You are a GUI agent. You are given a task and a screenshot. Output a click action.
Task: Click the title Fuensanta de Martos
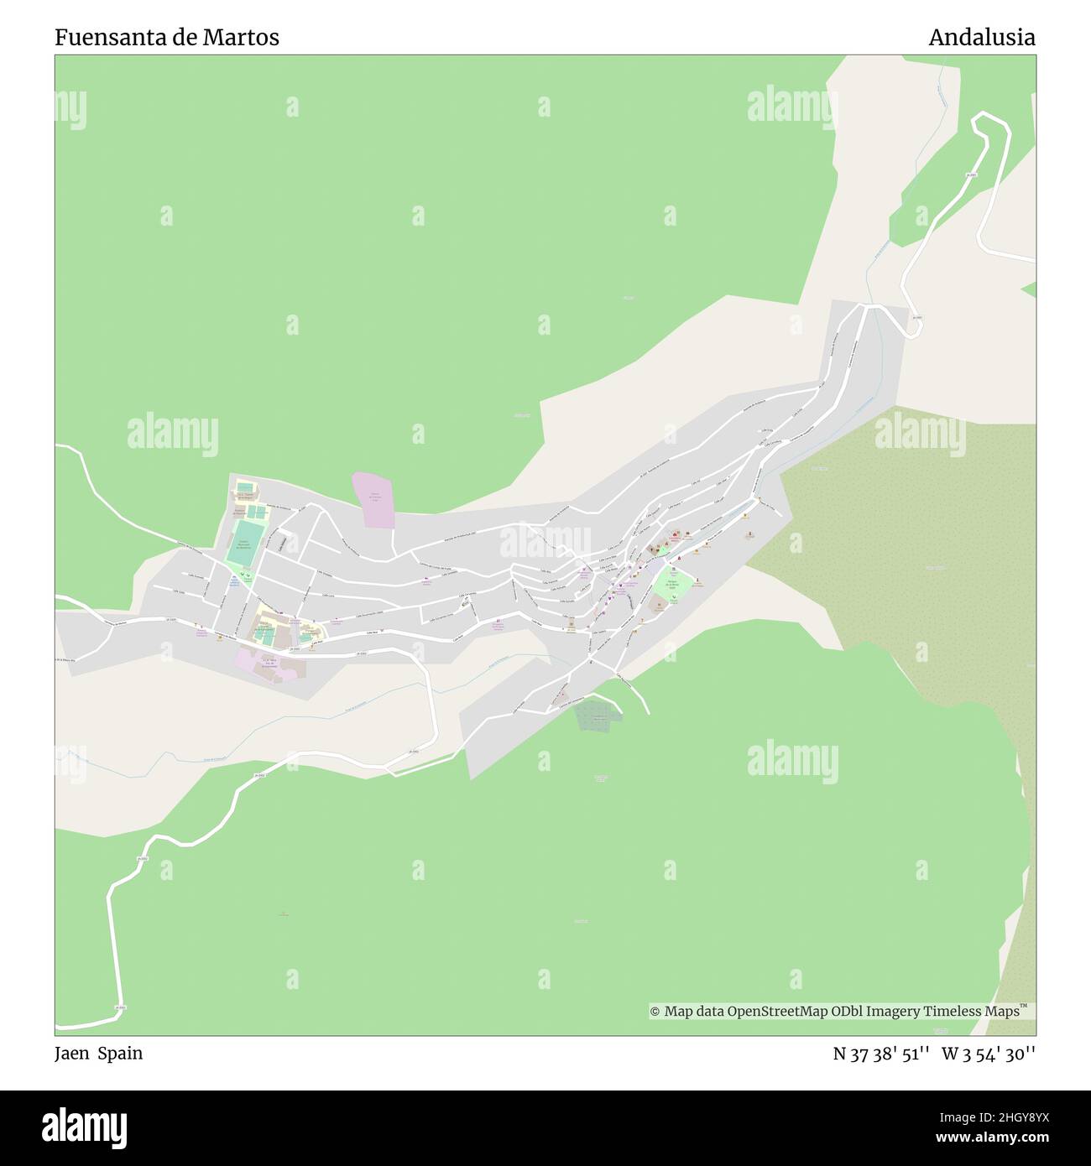click(x=167, y=37)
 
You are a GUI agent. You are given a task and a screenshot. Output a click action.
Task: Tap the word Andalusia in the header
click(x=981, y=37)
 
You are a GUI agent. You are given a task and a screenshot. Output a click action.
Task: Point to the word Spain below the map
click(x=120, y=1054)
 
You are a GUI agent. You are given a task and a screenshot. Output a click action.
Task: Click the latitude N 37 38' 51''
click(x=880, y=1054)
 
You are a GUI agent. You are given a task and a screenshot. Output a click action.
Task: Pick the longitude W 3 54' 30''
click(x=989, y=1054)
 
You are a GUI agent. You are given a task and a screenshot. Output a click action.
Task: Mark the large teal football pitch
click(x=245, y=543)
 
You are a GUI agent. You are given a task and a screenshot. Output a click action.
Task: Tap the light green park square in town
click(x=672, y=583)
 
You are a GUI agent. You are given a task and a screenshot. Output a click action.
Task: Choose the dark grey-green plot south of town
click(x=597, y=715)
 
